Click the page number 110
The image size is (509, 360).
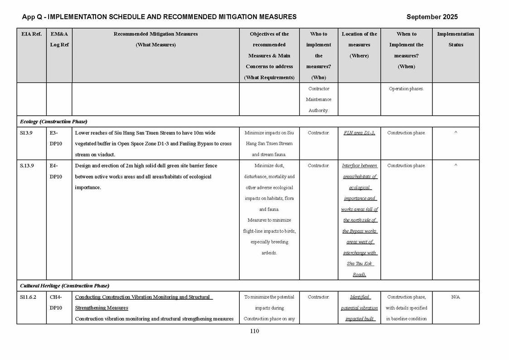tap(254, 331)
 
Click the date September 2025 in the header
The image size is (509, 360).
tap(431, 17)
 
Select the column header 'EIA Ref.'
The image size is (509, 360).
tap(31, 34)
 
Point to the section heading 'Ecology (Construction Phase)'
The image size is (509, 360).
tap(53, 122)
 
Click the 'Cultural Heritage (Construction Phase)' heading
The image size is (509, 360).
tap(64, 286)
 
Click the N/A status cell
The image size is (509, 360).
tap(456, 297)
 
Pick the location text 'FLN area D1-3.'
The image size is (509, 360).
tap(359, 133)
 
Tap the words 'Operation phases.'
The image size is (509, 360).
tap(406, 89)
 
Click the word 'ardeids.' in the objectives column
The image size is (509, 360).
tap(269, 253)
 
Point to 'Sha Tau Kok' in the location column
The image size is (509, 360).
tap(359, 264)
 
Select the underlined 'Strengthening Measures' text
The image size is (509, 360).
tap(102, 308)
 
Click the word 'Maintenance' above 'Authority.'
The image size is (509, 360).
tap(318, 99)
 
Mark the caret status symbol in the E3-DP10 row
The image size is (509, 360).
tap(456, 133)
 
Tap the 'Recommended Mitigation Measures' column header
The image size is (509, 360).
tap(155, 34)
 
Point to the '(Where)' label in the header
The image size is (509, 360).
tap(359, 56)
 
